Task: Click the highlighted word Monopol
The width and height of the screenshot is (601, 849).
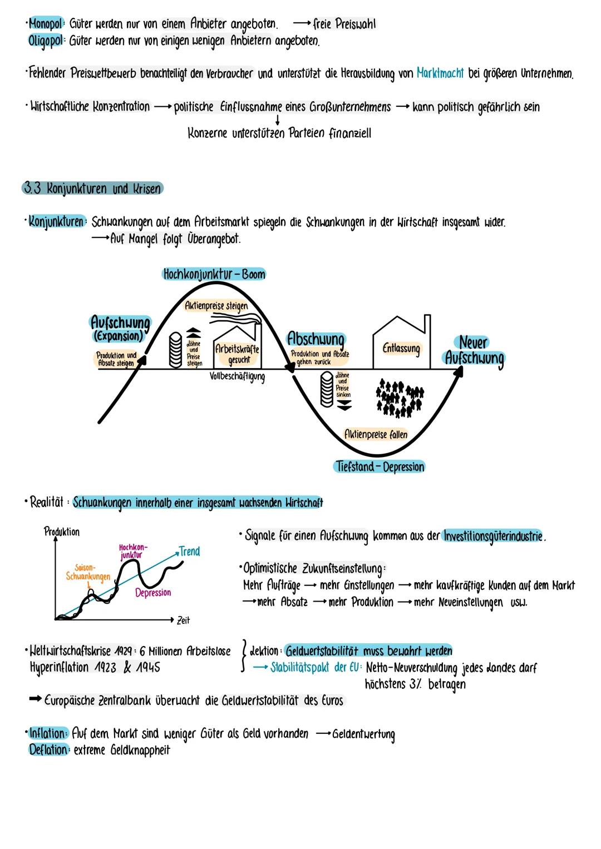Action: (x=46, y=24)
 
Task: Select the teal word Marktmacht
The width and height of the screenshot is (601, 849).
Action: (x=440, y=73)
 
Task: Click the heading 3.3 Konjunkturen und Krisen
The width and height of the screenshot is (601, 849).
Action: (x=92, y=188)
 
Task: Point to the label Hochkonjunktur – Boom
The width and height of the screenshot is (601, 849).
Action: (x=214, y=274)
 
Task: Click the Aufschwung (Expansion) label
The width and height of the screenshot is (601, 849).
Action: (x=120, y=329)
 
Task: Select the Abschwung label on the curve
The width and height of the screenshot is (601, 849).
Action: (x=316, y=339)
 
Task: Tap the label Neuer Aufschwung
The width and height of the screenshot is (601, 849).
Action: (x=474, y=350)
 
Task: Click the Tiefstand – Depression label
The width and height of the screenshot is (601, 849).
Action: (x=381, y=466)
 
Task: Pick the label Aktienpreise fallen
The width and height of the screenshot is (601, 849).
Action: (x=376, y=434)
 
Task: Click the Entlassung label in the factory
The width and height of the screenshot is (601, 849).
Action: (x=401, y=349)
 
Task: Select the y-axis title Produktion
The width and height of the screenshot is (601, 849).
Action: (x=61, y=532)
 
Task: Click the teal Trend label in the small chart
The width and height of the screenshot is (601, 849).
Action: (x=189, y=552)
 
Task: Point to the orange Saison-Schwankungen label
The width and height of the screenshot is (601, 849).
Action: (x=88, y=573)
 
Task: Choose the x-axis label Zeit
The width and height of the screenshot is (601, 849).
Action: (x=183, y=620)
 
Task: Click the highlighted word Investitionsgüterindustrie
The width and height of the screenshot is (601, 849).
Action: (x=493, y=536)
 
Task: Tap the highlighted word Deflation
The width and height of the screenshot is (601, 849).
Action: (x=48, y=750)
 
